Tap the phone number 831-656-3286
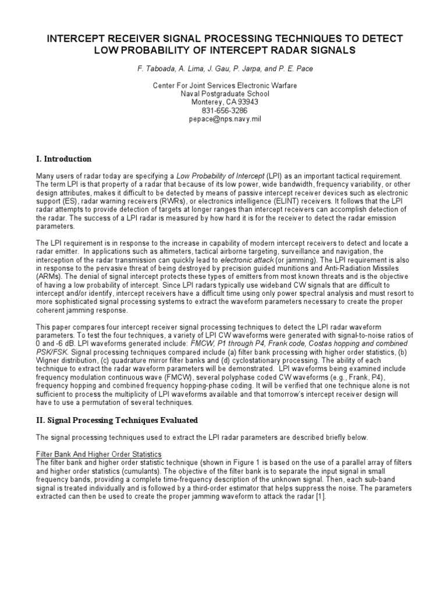(225, 110)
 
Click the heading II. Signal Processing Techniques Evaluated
(117, 420)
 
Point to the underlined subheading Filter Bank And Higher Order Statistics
(98, 453)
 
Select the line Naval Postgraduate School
(225, 94)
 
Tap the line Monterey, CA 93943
(225, 102)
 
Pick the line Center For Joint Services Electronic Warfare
(225, 85)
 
